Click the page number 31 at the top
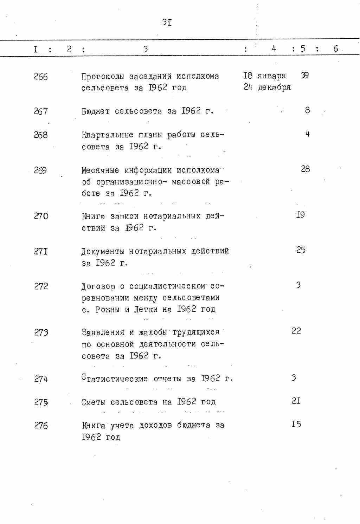(167, 23)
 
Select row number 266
(41, 77)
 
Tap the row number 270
(41, 216)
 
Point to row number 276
(41, 426)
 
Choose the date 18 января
(264, 76)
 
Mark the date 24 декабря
(267, 88)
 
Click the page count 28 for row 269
(305, 169)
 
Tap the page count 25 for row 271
(301, 250)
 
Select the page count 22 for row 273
(296, 331)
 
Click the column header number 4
(274, 49)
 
